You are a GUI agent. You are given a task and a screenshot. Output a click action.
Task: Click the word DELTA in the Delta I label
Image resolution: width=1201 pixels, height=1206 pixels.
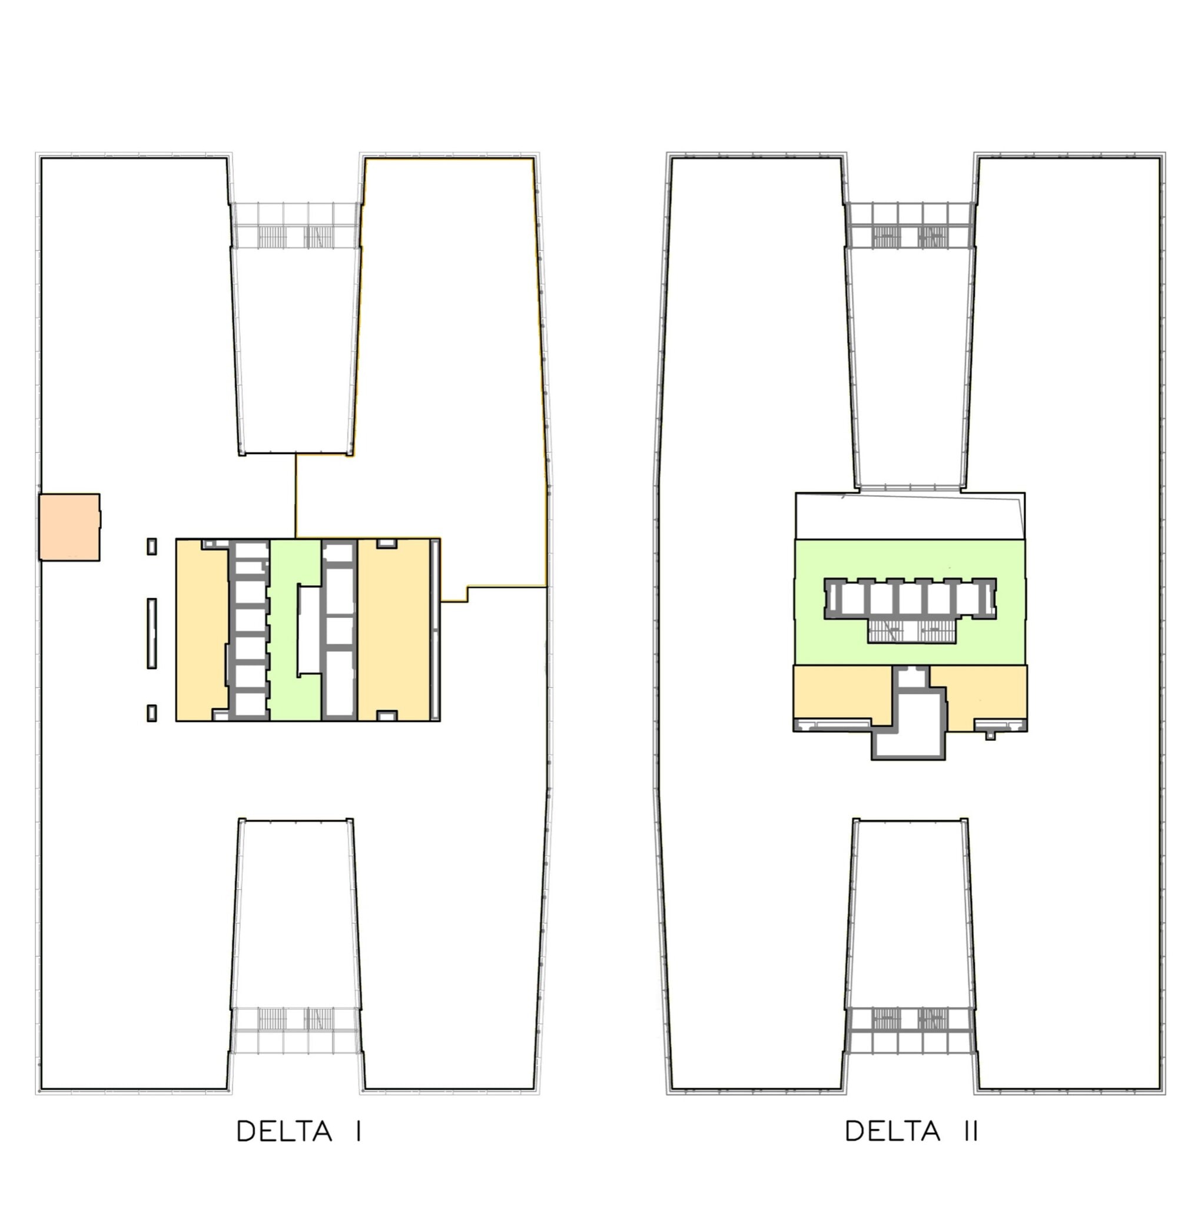click(284, 1131)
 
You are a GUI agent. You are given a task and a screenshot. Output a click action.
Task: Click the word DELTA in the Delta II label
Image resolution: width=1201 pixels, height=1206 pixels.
click(893, 1131)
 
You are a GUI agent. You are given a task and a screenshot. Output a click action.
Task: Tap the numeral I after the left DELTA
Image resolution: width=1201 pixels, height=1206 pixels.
click(359, 1131)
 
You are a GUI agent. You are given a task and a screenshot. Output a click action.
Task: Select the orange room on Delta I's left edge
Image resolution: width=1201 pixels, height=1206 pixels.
click(69, 527)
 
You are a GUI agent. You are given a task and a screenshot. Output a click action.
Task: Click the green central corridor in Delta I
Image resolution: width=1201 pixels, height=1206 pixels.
click(296, 630)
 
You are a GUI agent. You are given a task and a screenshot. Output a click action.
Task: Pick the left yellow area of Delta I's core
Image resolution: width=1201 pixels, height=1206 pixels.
click(201, 630)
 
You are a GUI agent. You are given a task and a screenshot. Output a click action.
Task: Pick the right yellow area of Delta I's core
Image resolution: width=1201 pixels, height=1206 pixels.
click(394, 630)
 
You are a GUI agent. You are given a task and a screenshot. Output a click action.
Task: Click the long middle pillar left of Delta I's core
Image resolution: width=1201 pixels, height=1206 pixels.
click(152, 633)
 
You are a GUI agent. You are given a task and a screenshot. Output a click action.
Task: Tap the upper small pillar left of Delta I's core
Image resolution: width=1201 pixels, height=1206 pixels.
click(152, 546)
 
